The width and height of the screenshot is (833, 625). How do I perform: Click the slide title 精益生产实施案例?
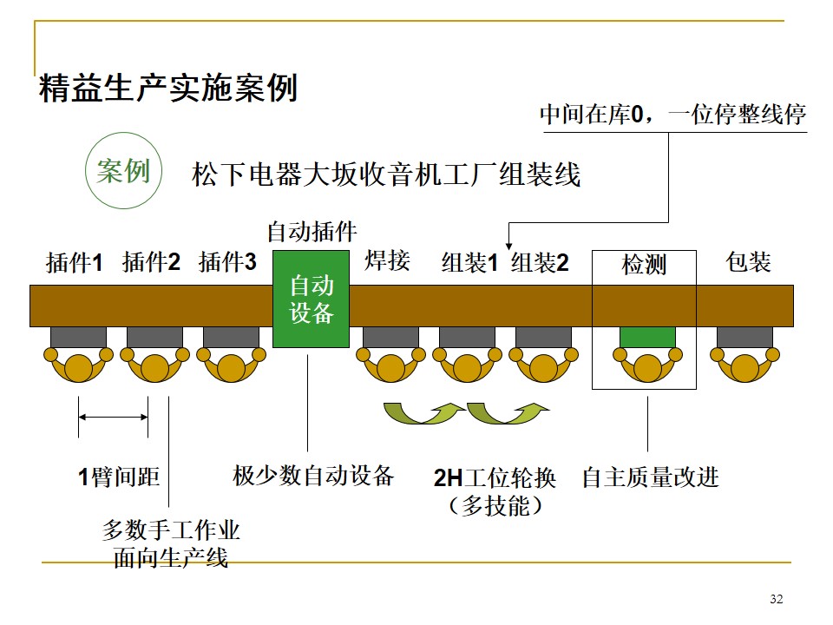tap(169, 89)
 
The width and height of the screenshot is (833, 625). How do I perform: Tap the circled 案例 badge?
tap(123, 171)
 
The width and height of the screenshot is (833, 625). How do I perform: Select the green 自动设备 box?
tap(311, 299)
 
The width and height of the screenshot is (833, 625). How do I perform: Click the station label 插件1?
tap(75, 262)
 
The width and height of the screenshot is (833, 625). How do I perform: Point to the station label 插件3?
tap(227, 262)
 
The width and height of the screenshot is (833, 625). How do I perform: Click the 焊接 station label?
tap(387, 260)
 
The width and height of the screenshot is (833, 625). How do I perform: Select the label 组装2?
tap(540, 262)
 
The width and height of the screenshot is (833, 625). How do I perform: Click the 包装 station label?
tap(748, 262)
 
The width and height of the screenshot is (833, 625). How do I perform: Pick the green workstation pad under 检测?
tap(647, 338)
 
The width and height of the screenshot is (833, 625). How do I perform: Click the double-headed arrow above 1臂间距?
tap(113, 418)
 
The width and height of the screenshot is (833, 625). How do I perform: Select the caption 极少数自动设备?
tap(313, 475)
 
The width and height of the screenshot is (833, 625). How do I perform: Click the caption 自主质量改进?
tap(650, 477)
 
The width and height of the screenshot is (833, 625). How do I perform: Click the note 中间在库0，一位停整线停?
tap(672, 115)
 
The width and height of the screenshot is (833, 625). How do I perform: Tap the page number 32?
tap(776, 599)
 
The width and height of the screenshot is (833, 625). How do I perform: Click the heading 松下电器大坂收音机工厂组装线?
tap(385, 175)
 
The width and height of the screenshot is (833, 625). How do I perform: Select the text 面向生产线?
tap(170, 558)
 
